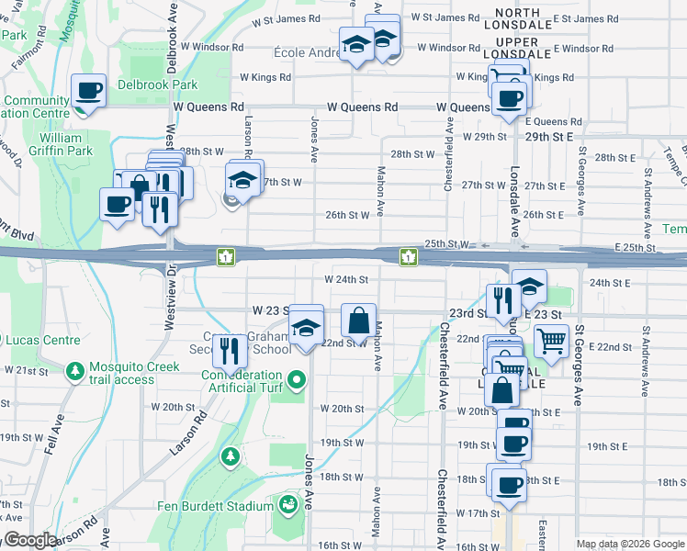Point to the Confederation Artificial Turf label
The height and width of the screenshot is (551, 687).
click(x=242, y=381)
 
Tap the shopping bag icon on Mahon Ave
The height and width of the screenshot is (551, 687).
click(x=358, y=321)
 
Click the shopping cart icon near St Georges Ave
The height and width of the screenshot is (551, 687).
click(x=551, y=342)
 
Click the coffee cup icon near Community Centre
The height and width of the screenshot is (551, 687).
click(x=89, y=91)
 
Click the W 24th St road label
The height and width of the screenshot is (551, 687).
click(x=346, y=279)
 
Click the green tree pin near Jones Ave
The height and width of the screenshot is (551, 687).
click(x=229, y=455)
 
